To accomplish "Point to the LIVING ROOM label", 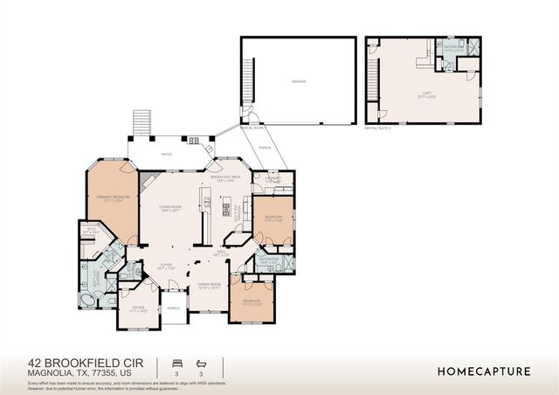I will point(170,208).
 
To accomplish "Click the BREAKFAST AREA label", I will point(225,177).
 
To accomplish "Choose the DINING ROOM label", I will point(208,286).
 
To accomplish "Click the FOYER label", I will point(166,265).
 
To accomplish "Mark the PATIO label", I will point(166,155).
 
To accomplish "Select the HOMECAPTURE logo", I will point(483,371).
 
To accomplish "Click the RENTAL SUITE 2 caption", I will point(380,128).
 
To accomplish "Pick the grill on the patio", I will point(194,140).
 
